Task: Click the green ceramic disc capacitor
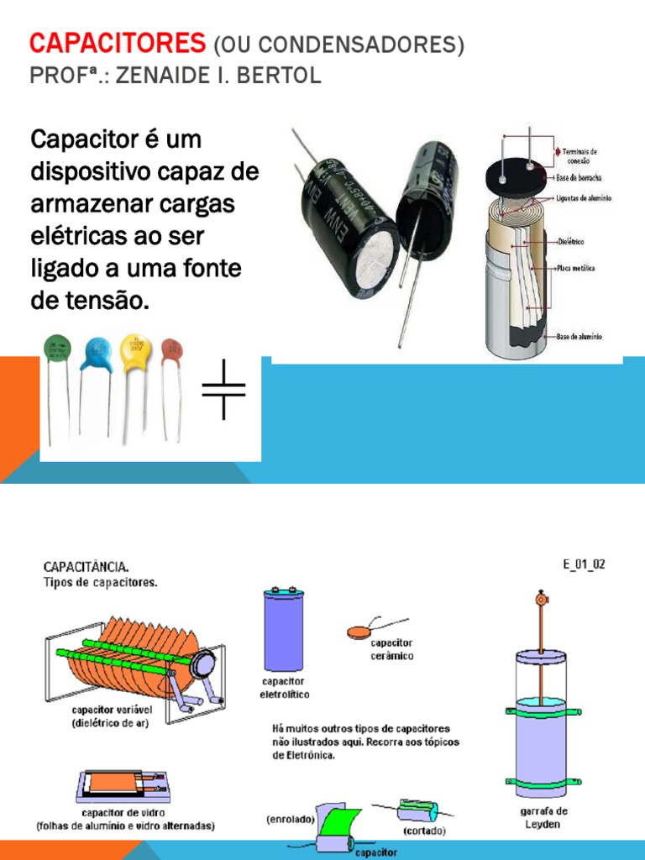coord(57,348)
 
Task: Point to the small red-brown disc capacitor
coord(172,349)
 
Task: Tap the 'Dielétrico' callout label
coord(571,242)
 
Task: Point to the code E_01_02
coord(584,564)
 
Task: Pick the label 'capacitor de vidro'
coord(123,813)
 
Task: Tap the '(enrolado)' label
coord(291,818)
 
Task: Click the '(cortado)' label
coord(424,831)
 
